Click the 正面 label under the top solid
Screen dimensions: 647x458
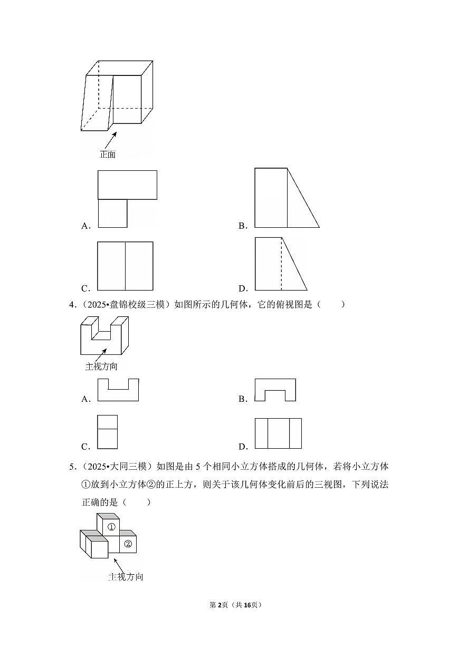point(108,154)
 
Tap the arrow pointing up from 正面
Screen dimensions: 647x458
point(111,140)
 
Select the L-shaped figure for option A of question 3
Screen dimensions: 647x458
point(127,199)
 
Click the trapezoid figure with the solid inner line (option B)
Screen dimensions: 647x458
point(287,198)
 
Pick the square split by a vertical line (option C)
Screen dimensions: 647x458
point(125,266)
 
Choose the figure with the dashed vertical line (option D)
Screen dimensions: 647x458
point(281,264)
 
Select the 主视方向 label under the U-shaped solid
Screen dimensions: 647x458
point(101,366)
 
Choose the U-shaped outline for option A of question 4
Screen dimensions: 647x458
point(118,390)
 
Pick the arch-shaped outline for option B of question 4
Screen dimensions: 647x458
point(275,390)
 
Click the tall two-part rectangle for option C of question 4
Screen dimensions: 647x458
point(107,431)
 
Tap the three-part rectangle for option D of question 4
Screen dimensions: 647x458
point(278,433)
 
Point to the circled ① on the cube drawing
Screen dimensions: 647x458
point(111,527)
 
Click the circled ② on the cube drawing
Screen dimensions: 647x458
point(128,544)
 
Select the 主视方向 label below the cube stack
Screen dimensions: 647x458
point(126,577)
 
